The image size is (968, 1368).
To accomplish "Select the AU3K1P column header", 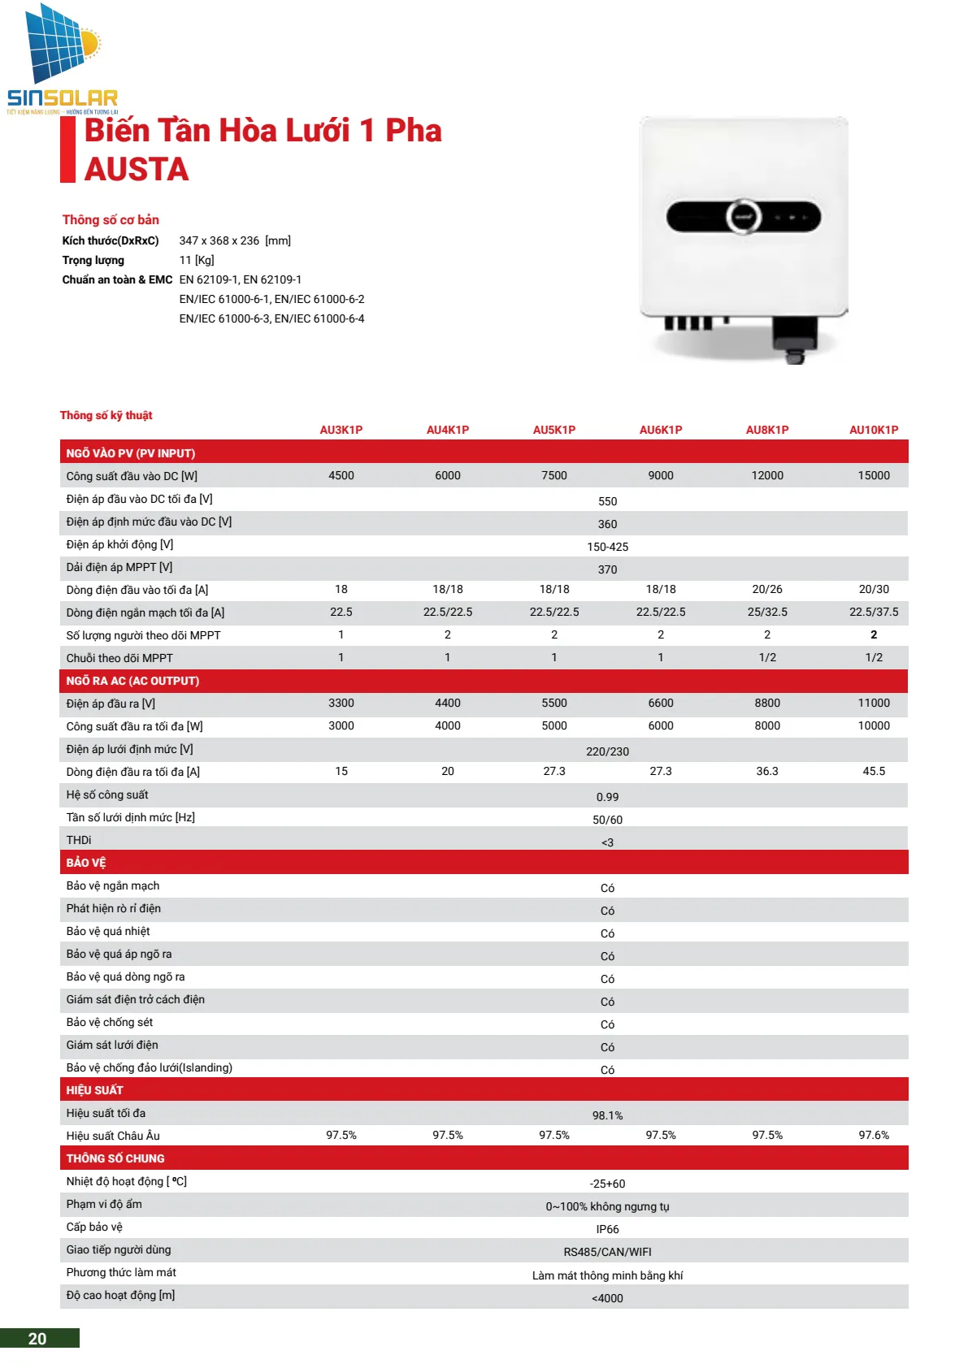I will [x=341, y=430].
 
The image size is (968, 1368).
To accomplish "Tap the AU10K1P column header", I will [x=874, y=430].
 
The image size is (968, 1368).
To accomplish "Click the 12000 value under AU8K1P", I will [x=767, y=475].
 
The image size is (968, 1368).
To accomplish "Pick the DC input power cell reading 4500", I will [x=341, y=475].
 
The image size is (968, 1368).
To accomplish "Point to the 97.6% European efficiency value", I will [x=874, y=1135].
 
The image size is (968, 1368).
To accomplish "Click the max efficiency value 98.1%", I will [x=607, y=1115].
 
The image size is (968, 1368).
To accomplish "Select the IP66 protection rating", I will [x=607, y=1229].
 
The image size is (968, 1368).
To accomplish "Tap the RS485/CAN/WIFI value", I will [x=607, y=1252].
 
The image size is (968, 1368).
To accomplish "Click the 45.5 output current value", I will [x=874, y=771].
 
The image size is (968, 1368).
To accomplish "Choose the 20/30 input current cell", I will [x=874, y=589].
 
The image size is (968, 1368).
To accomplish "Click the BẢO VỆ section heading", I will [x=86, y=863].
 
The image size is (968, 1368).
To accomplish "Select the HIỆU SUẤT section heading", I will [x=95, y=1090].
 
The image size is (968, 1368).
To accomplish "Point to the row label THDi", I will [x=79, y=840].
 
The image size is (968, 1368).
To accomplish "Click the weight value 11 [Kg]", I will [x=197, y=260].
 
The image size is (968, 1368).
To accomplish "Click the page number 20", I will [x=37, y=1339].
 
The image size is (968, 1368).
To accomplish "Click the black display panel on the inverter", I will [x=743, y=217].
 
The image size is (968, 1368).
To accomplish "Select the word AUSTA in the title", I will [x=137, y=169].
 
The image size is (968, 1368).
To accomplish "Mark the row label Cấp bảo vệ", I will [x=94, y=1227].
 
